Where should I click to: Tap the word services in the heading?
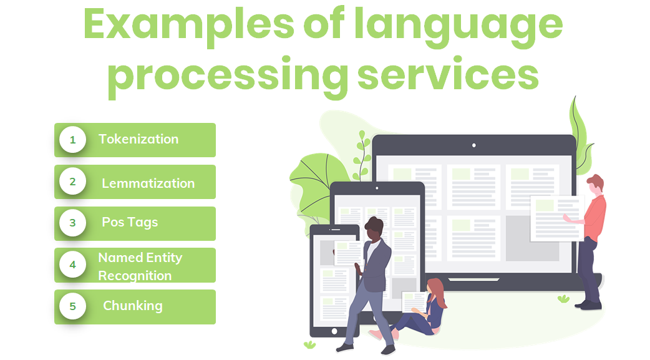tap(448, 74)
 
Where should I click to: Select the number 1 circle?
tap(72, 139)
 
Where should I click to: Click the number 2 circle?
tap(72, 181)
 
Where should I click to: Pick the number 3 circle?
tap(72, 223)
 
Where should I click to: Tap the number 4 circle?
tap(72, 265)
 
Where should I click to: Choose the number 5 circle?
tap(72, 306)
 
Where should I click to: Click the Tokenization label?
tap(138, 139)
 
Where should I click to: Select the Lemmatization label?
tap(148, 183)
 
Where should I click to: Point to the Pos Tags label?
tap(130, 222)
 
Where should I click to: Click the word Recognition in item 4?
tap(135, 276)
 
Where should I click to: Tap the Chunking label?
tap(133, 306)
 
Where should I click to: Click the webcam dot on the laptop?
tap(474, 145)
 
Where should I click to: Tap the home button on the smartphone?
tap(334, 331)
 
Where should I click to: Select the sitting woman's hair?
tap(437, 292)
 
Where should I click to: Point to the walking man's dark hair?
tap(374, 225)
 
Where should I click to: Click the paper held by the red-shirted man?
tap(556, 218)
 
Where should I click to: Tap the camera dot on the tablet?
tap(377, 188)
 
